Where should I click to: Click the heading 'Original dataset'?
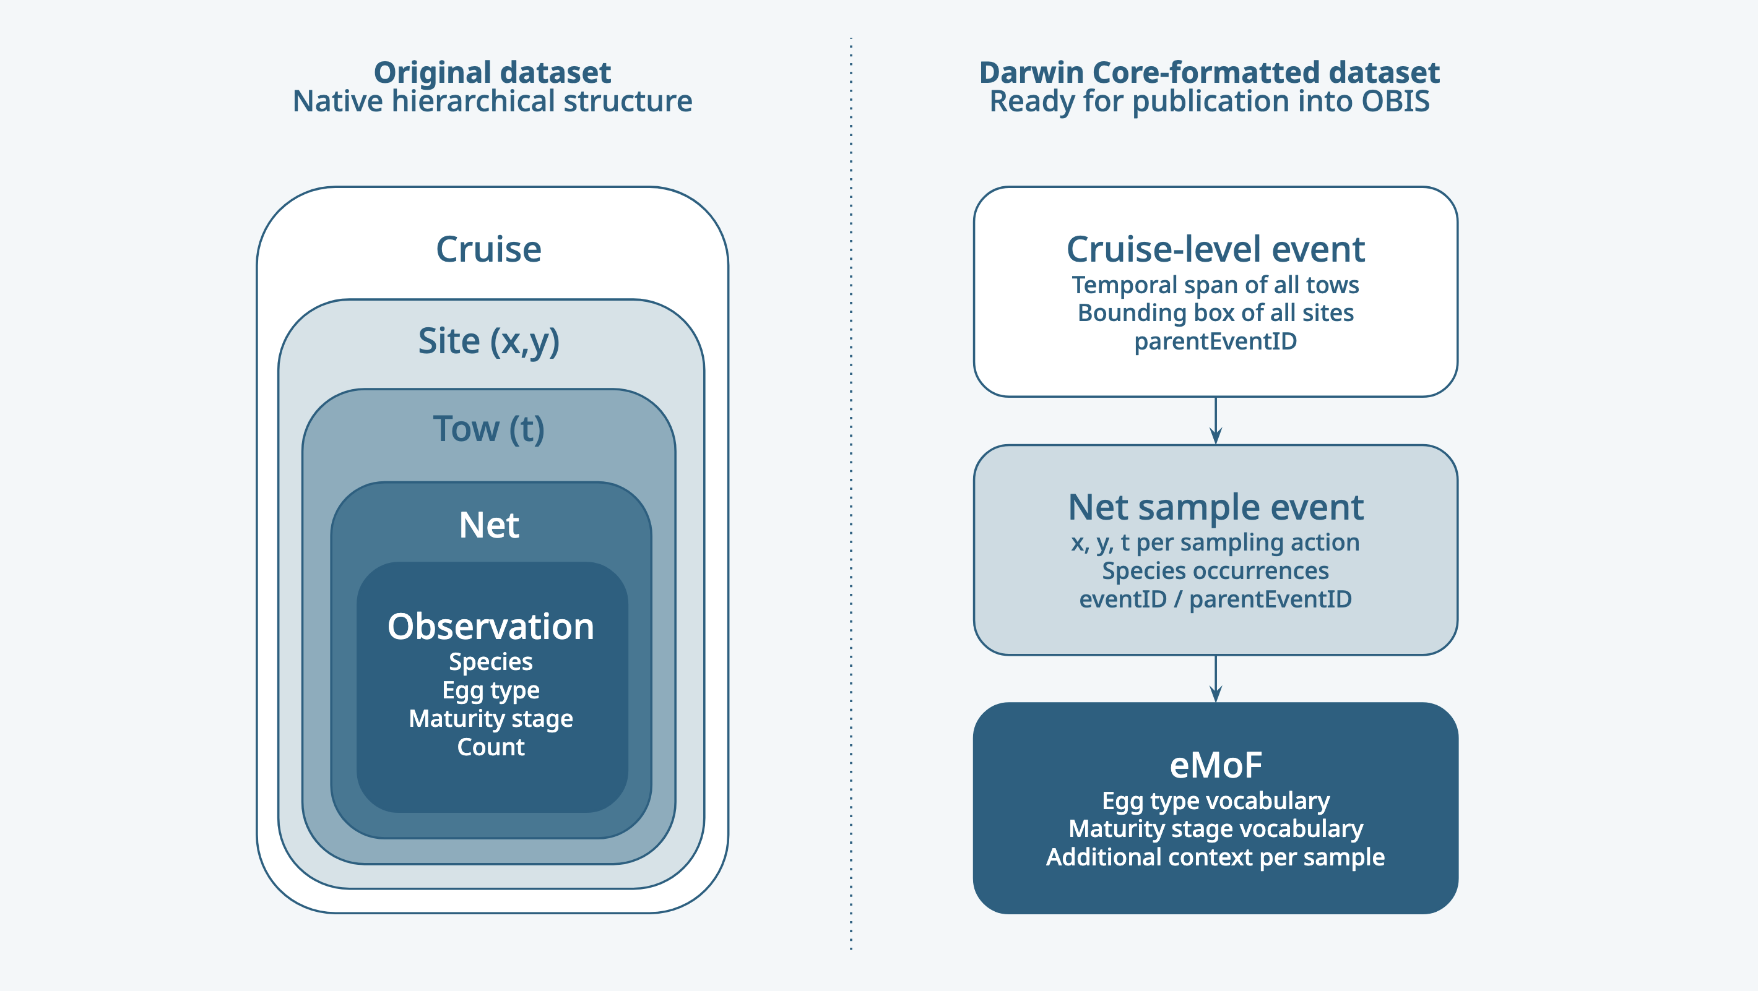click(492, 72)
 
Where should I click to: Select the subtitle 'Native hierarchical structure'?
click(492, 101)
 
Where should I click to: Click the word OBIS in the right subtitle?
click(1395, 101)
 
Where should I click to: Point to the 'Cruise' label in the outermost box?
click(488, 249)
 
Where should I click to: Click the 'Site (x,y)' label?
click(488, 341)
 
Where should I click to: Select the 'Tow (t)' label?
click(488, 429)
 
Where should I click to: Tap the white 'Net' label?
click(488, 525)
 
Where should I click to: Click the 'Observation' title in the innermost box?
click(491, 626)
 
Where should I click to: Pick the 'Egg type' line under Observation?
click(491, 690)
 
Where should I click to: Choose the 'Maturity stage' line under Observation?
click(491, 718)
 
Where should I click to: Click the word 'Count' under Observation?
click(491, 747)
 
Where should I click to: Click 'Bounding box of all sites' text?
click(1216, 312)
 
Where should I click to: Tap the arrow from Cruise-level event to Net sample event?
click(1216, 421)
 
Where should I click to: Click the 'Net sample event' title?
click(1216, 507)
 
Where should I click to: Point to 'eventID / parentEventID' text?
click(1216, 599)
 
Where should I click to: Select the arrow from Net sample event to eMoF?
click(1216, 679)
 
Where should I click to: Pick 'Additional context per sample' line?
click(1216, 857)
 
